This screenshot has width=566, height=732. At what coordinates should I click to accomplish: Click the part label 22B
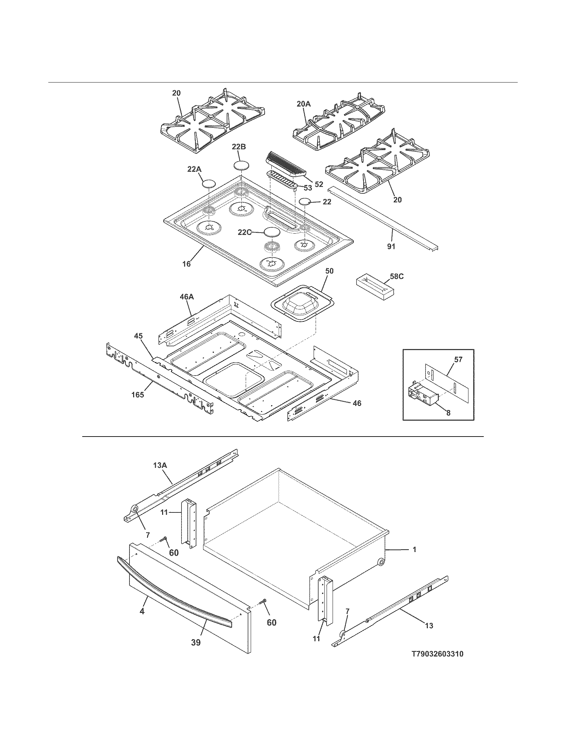(239, 147)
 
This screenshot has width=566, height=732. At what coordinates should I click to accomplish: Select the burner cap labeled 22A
(208, 184)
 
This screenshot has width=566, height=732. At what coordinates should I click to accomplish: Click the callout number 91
(391, 247)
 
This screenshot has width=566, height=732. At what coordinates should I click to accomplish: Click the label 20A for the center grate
(303, 104)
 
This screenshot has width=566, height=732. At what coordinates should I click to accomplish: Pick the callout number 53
(307, 188)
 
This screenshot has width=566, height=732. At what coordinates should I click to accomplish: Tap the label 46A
(187, 297)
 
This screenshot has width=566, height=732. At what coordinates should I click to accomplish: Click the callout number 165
(138, 395)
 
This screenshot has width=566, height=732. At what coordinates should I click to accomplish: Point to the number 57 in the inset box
(458, 360)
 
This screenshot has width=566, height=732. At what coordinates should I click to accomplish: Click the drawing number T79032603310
(437, 654)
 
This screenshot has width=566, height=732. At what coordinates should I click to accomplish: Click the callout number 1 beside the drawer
(414, 550)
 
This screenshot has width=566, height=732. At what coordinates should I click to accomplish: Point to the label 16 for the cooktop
(186, 264)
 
